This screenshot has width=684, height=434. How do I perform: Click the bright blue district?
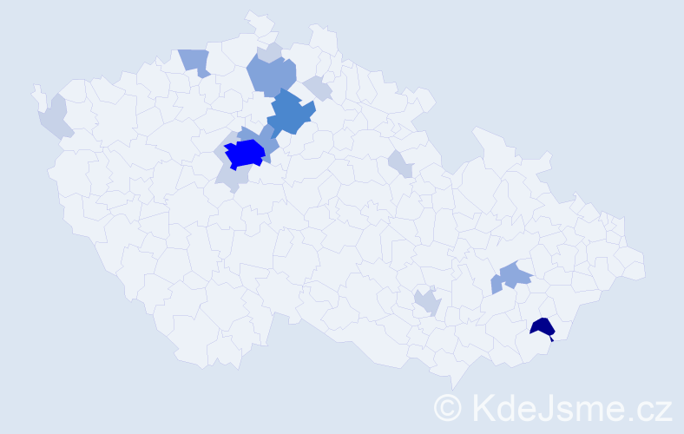245,154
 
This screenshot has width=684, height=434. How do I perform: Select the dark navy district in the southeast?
543,327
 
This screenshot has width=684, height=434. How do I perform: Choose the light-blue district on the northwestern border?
195,62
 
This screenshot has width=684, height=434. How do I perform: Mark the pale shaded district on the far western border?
54,117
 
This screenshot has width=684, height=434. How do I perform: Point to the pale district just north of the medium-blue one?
318,88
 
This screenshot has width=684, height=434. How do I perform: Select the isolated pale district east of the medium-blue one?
400,162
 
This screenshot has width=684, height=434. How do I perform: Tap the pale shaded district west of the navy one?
427,302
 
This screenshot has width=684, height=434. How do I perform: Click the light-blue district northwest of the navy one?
515,275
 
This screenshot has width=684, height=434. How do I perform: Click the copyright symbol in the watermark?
448,406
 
